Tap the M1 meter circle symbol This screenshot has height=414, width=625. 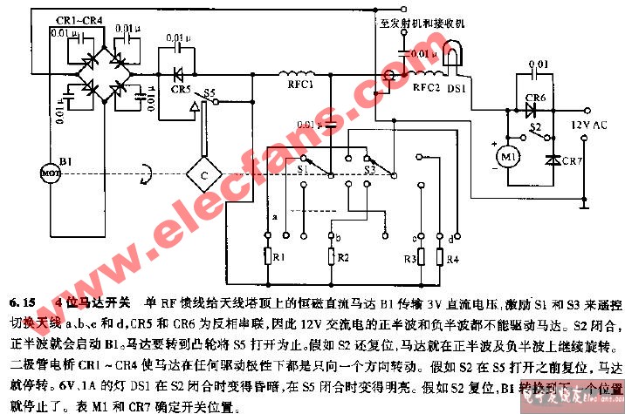(x=506, y=156)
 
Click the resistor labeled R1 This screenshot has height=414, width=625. (x=268, y=258)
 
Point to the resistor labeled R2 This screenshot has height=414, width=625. (x=333, y=258)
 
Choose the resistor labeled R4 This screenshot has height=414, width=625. (x=441, y=258)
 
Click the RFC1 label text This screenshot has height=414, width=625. (x=297, y=87)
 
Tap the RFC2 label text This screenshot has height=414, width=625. (x=427, y=87)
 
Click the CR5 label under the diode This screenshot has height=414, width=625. (x=181, y=90)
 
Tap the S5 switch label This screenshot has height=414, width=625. (x=209, y=92)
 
